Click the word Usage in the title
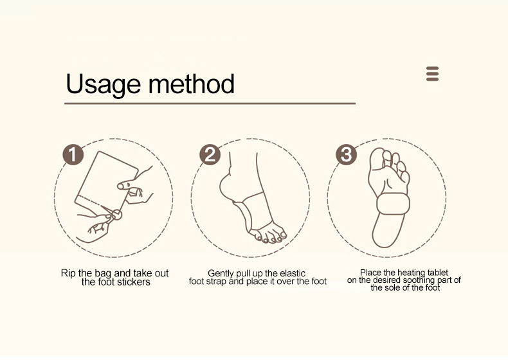(x=104, y=85)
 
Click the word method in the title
(x=191, y=84)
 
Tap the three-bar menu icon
(x=432, y=74)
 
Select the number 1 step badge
(x=73, y=154)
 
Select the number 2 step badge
(x=210, y=154)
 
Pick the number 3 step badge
(x=347, y=154)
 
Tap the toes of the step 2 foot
(x=269, y=235)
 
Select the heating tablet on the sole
(x=393, y=204)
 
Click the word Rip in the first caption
(x=68, y=273)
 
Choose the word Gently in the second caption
(x=222, y=273)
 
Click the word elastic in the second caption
(x=293, y=273)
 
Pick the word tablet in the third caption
(x=437, y=273)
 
